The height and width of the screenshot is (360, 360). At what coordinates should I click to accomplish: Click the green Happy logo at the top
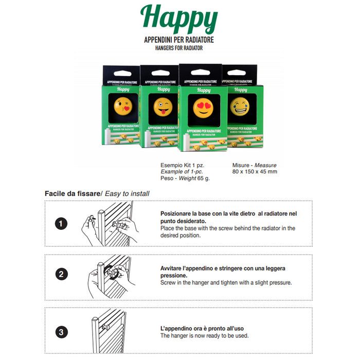pyautogui.click(x=179, y=20)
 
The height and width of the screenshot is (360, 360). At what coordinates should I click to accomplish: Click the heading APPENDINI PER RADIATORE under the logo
pyautogui.click(x=179, y=40)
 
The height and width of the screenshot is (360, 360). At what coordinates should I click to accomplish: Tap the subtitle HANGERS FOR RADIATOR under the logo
pyautogui.click(x=179, y=48)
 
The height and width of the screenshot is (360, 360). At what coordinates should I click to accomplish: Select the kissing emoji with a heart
pyautogui.click(x=123, y=105)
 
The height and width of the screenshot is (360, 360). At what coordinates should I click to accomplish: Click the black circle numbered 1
pyautogui.click(x=61, y=223)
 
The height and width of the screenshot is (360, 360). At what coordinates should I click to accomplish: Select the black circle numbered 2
pyautogui.click(x=61, y=274)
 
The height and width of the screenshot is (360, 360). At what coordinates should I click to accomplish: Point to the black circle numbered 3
pyautogui.click(x=61, y=332)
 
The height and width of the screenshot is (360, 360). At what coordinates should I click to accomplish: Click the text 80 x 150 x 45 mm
pyautogui.click(x=255, y=172)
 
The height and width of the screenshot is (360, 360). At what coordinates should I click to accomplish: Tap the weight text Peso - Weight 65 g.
pyautogui.click(x=185, y=178)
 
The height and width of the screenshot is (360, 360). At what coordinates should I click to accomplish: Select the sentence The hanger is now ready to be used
pyautogui.click(x=204, y=336)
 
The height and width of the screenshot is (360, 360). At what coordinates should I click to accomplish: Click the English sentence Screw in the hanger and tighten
pyautogui.click(x=226, y=282)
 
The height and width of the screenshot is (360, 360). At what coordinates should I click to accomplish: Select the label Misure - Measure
pyautogui.click(x=254, y=165)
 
